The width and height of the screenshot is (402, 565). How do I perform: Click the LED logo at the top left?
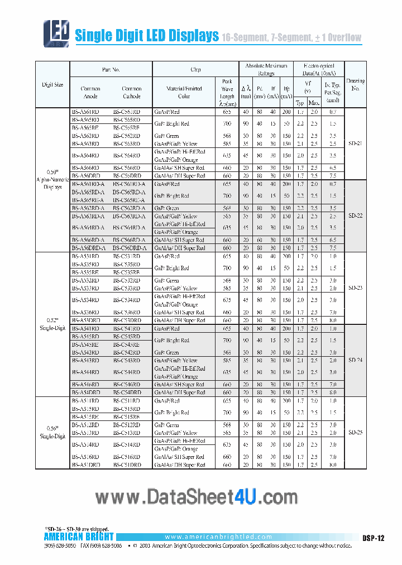pyautogui.click(x=56, y=33)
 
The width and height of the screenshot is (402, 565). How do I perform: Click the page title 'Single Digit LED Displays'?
pyautogui.click(x=146, y=36)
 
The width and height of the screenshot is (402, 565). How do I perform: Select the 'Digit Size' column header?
pyautogui.click(x=52, y=85)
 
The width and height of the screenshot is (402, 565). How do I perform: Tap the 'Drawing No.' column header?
pyautogui.click(x=355, y=84)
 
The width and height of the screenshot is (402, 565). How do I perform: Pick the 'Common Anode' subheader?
pyautogui.click(x=90, y=92)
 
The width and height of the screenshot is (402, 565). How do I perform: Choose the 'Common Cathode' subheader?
pyautogui.click(x=132, y=92)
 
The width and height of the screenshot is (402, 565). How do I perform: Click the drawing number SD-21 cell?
pyautogui.click(x=355, y=143)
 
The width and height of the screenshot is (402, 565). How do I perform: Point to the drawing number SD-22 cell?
pyautogui.click(x=355, y=216)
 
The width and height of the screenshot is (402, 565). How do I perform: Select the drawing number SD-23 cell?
pyautogui.click(x=355, y=288)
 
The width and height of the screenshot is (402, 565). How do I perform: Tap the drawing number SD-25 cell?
pyautogui.click(x=355, y=433)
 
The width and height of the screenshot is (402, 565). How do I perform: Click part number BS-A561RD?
pyautogui.click(x=85, y=112)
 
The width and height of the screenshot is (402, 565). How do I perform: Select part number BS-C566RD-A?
pyautogui.click(x=129, y=240)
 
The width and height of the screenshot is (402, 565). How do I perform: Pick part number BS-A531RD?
pyautogui.click(x=85, y=256)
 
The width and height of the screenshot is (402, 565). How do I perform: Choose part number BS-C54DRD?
pyautogui.click(x=127, y=392)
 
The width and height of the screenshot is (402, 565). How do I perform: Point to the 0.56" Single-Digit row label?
pyautogui.click(x=52, y=433)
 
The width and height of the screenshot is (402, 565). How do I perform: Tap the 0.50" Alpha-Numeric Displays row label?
pyautogui.click(x=52, y=180)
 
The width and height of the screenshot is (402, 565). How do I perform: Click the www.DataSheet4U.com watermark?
pyautogui.click(x=197, y=496)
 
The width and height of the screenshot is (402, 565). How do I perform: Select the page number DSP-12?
pyautogui.click(x=373, y=538)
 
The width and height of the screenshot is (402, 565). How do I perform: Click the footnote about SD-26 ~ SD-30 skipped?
pyautogui.click(x=77, y=528)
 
